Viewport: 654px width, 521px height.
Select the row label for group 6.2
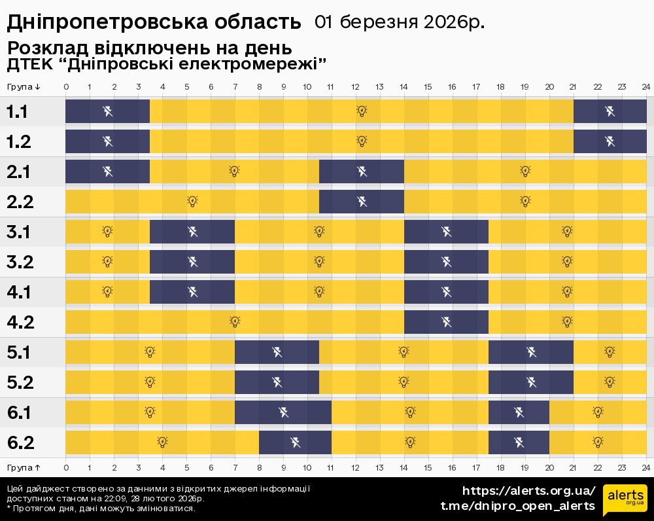pyautogui.click(x=20, y=443)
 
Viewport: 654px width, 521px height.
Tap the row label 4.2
pyautogui.click(x=20, y=323)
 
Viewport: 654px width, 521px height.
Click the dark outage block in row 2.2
pyautogui.click(x=362, y=201)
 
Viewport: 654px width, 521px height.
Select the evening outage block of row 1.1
pyautogui.click(x=610, y=111)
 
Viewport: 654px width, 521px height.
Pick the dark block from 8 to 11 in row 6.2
pyautogui.click(x=295, y=442)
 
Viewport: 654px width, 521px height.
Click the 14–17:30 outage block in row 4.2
pyautogui.click(x=446, y=322)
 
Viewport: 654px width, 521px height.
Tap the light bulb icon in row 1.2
pyautogui.click(x=361, y=141)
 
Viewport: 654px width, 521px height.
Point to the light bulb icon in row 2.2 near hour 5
pyautogui.click(x=192, y=201)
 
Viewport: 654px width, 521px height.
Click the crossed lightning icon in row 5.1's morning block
pyautogui.click(x=277, y=352)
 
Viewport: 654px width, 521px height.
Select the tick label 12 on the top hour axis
pyautogui.click(x=356, y=87)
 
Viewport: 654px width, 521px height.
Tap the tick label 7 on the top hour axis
pyautogui.click(x=235, y=87)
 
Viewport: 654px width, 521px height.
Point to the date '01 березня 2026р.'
pyautogui.click(x=400, y=23)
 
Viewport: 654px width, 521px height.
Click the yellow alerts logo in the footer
pyautogui.click(x=625, y=499)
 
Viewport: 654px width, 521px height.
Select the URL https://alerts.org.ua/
pyautogui.click(x=529, y=491)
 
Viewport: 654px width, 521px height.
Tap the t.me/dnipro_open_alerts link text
pyautogui.click(x=517, y=506)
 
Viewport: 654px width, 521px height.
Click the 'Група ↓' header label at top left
pyautogui.click(x=24, y=87)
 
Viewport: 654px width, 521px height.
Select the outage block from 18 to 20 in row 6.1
pyautogui.click(x=519, y=412)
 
